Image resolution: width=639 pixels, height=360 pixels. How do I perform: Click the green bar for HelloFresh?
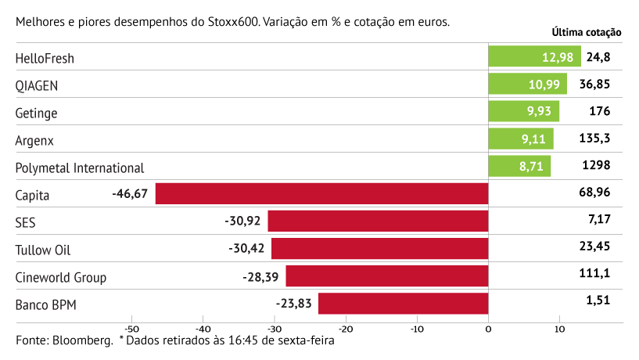[x=534, y=56]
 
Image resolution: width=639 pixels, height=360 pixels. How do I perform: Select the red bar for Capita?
[x=321, y=193]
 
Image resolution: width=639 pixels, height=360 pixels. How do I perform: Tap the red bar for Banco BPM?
[x=403, y=304]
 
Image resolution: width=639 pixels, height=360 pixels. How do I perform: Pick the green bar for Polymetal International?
[x=519, y=166]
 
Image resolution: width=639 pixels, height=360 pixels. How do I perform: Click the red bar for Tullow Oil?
[x=379, y=249]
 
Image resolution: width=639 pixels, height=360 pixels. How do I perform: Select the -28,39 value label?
[x=261, y=276]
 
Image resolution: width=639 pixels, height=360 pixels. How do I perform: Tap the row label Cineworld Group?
[x=61, y=278]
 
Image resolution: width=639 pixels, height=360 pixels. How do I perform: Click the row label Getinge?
[x=36, y=113]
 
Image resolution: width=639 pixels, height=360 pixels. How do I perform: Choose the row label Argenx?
[x=35, y=140]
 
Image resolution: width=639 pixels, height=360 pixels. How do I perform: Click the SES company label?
[x=26, y=222]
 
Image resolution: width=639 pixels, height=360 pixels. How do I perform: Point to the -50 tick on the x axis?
[x=131, y=329]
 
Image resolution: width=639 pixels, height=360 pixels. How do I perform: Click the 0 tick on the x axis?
[x=488, y=329]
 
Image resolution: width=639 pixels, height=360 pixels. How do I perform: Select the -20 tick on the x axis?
[x=345, y=329]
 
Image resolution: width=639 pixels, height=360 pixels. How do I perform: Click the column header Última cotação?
[x=586, y=33]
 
